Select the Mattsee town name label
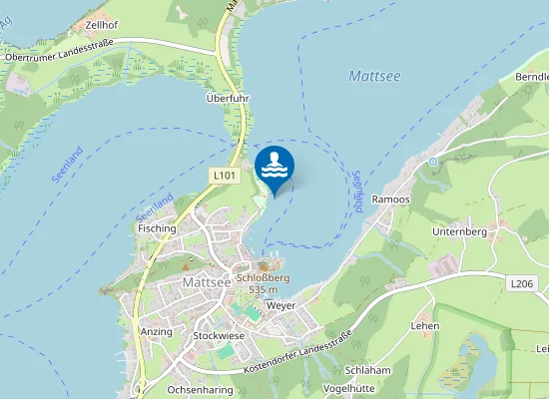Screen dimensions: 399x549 click(x=207, y=282)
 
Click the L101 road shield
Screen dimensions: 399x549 click(x=225, y=176)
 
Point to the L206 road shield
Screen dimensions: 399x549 click(x=522, y=284)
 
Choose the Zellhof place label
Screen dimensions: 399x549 click(x=103, y=23)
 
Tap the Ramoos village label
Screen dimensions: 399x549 click(x=390, y=199)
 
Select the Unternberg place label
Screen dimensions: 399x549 click(x=458, y=231)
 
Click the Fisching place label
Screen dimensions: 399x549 click(x=157, y=228)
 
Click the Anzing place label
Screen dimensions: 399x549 click(x=157, y=331)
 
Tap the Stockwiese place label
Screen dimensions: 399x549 click(x=219, y=336)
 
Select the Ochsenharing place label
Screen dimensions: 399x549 click(x=200, y=389)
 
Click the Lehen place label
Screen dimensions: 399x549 click(x=425, y=326)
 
